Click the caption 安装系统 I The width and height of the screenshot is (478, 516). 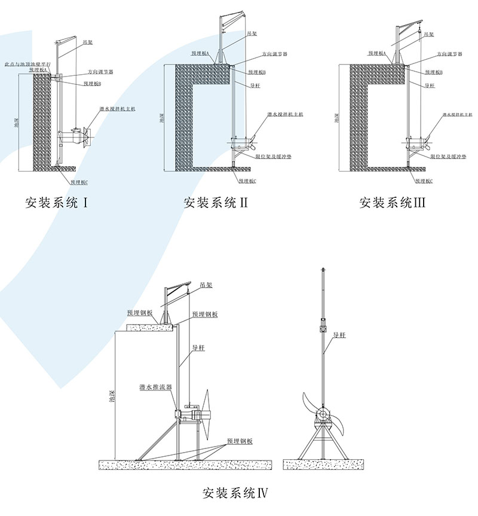57,203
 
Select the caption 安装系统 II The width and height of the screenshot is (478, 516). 216,203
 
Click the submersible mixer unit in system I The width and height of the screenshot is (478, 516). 75,136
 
